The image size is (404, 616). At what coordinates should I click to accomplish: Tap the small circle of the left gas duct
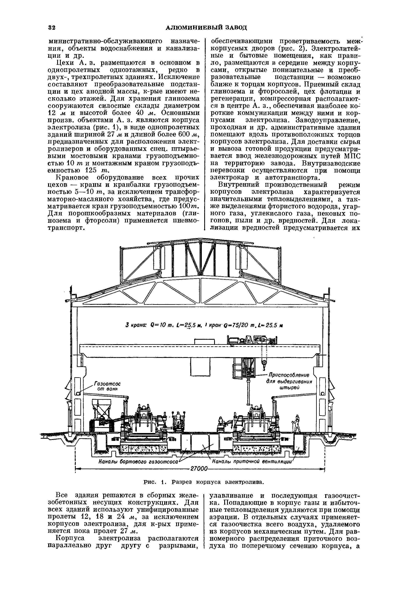pyautogui.click(x=77, y=394)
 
